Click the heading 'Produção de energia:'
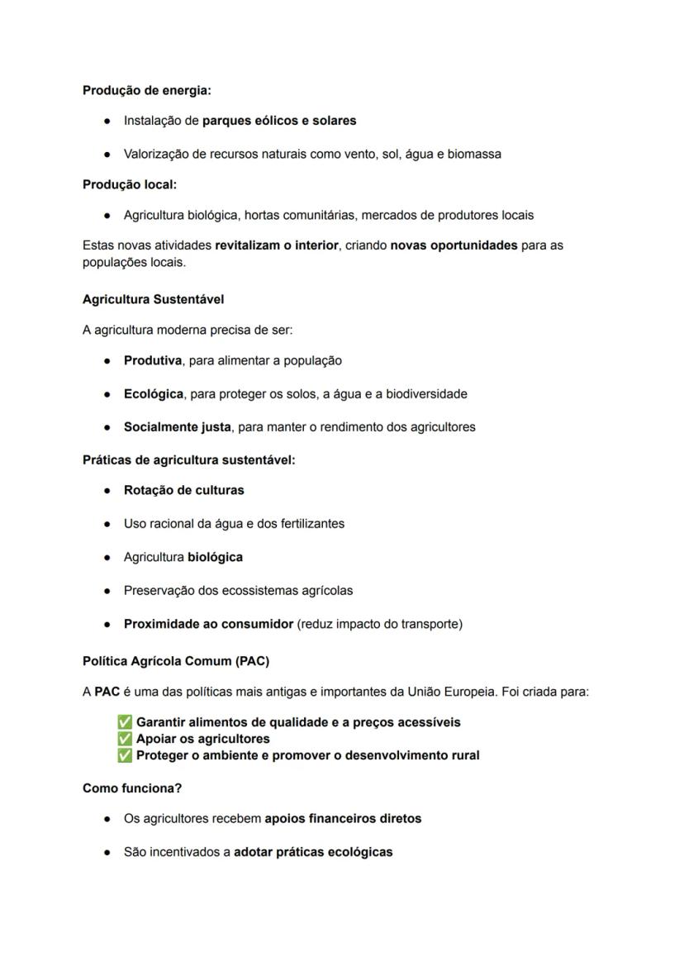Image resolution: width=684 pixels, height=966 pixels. pos(146,90)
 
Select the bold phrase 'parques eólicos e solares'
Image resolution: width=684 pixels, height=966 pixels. pos(279,121)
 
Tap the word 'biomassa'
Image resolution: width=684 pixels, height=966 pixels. pos(474,154)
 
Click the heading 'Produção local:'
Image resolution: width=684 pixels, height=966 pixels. pos(130,184)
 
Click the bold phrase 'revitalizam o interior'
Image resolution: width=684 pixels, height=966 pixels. pos(277,245)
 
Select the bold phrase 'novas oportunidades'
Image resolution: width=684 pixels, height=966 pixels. pos(454,245)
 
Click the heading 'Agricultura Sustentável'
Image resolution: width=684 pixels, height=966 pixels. pos(153,299)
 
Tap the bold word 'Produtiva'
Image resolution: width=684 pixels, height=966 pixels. pos(153,360)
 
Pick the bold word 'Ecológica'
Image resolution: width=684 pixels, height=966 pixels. pos(154,394)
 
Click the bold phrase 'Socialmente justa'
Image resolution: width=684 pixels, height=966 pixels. pos(178,427)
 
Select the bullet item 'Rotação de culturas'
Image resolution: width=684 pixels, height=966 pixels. pos(183,490)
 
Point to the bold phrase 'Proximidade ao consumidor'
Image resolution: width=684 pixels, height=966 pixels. pos(208,624)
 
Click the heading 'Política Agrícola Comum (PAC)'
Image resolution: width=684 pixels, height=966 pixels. pos(175,661)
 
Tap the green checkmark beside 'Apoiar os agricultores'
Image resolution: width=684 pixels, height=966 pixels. pos(126,739)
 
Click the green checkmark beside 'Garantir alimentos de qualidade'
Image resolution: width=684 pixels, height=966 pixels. pos(126,722)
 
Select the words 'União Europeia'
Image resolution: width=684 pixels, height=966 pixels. pos(458,692)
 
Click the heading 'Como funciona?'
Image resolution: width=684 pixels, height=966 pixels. pos(132,788)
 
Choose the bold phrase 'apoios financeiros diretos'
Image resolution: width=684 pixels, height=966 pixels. pos(343,819)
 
